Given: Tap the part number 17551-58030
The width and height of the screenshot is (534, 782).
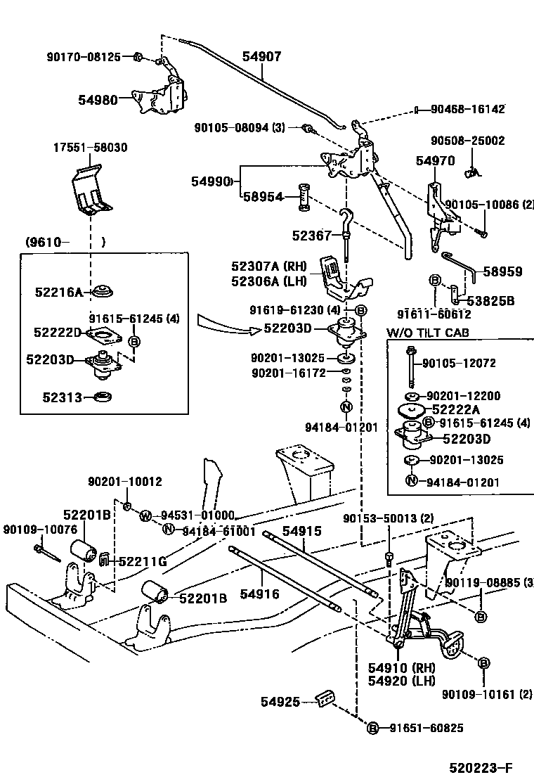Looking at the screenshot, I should (x=91, y=148).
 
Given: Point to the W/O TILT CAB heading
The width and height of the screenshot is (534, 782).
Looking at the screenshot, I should (x=427, y=333).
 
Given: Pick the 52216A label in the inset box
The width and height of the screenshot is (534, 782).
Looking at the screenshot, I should (x=59, y=291).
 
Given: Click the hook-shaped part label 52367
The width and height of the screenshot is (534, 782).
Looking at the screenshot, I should (x=311, y=236).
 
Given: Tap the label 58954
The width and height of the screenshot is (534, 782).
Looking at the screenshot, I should (x=263, y=198).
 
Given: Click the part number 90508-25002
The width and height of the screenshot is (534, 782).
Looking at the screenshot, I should (x=467, y=141).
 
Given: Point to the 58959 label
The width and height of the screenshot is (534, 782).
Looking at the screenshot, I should (x=502, y=271).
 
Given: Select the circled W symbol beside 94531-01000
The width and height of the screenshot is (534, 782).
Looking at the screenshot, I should (x=145, y=516).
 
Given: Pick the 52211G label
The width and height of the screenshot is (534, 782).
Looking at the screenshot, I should (x=142, y=560).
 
